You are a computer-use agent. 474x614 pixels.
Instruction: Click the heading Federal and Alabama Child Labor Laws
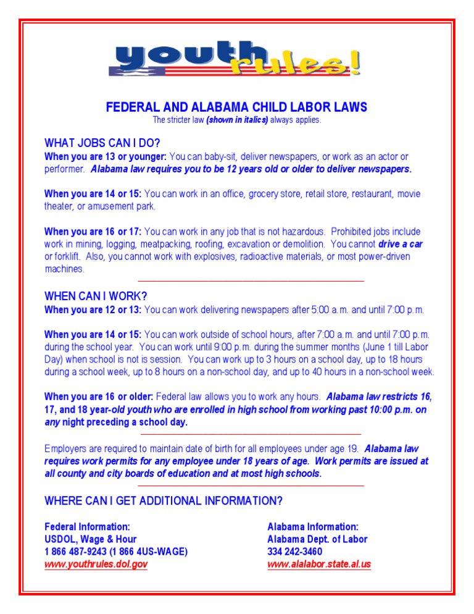(x=236, y=107)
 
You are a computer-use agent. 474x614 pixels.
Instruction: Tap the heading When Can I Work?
(x=96, y=296)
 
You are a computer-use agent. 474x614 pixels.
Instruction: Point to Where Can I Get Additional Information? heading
(x=164, y=500)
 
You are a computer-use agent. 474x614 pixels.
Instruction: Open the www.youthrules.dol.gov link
(x=96, y=564)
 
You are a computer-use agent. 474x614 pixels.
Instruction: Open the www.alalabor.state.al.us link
(x=319, y=564)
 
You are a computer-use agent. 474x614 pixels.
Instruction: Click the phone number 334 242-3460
(x=294, y=552)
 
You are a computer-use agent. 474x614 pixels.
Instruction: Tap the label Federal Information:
(x=87, y=527)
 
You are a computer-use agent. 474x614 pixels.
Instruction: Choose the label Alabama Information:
(x=312, y=527)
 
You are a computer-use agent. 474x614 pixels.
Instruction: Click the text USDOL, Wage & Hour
(x=90, y=539)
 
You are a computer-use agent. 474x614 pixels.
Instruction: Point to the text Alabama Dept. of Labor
(x=317, y=539)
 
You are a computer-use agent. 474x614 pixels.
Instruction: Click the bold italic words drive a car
(x=401, y=244)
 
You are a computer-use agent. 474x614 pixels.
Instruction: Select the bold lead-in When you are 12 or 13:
(x=93, y=309)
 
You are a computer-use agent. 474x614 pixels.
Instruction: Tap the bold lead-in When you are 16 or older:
(x=99, y=397)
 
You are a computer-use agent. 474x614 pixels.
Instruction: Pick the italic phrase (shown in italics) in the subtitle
(x=237, y=120)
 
